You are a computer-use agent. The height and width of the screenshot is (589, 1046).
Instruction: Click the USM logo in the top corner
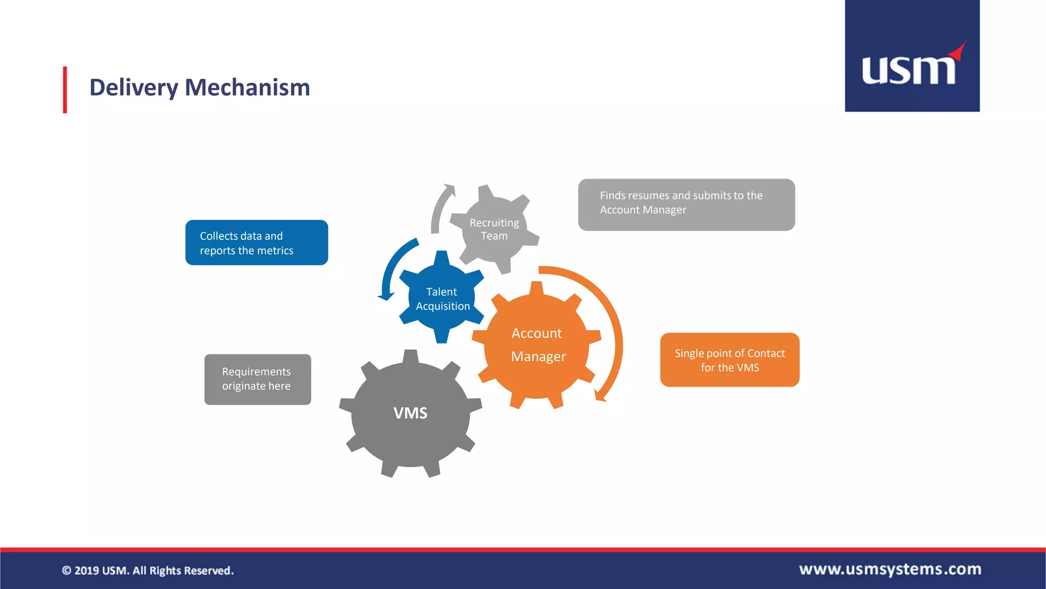(912, 56)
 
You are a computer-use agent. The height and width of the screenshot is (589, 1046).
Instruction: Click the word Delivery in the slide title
(134, 87)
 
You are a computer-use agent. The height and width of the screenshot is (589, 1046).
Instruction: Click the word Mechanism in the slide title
(247, 87)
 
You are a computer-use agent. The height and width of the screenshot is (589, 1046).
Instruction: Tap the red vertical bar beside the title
(65, 89)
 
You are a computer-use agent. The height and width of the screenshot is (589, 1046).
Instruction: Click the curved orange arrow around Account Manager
(615, 327)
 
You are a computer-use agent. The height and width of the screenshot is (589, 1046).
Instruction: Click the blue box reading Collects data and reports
(256, 243)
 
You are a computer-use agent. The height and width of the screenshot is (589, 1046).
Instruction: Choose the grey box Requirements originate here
(257, 379)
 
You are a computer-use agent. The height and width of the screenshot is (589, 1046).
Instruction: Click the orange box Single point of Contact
(729, 360)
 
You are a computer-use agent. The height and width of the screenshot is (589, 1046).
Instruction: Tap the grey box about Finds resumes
(686, 205)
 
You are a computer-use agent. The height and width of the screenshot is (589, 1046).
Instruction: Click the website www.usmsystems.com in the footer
(890, 569)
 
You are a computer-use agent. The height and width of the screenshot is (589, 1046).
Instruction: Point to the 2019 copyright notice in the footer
(148, 571)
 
